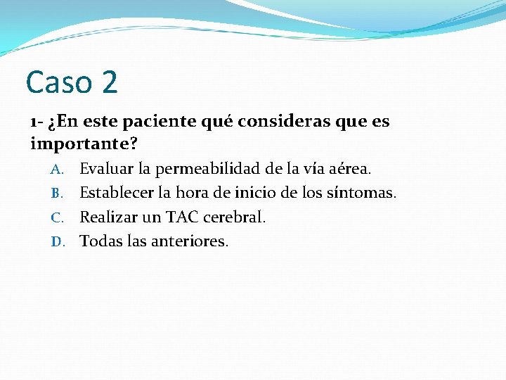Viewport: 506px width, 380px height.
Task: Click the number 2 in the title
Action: tap(109, 82)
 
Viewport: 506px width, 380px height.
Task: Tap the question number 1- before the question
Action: tap(38, 121)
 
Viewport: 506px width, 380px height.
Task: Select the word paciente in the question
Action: tap(156, 121)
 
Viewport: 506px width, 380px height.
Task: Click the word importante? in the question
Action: tap(84, 144)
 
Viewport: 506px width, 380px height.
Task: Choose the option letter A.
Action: tap(58, 170)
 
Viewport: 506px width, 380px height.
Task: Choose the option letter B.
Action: tap(58, 194)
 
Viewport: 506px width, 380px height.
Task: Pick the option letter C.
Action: tap(58, 217)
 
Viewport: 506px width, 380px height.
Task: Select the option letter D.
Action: tap(58, 242)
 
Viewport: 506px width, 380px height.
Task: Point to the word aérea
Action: tap(351, 169)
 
